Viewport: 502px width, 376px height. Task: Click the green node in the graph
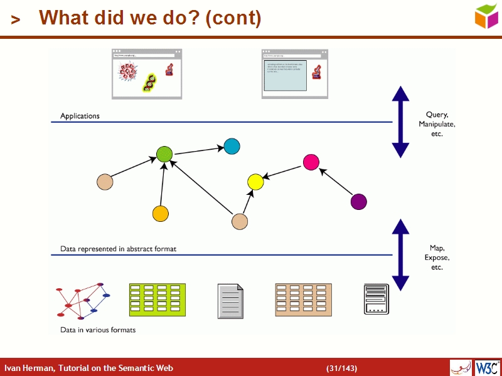tap(164, 154)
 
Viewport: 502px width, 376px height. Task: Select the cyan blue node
tap(232, 147)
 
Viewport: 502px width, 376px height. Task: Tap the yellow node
tap(255, 182)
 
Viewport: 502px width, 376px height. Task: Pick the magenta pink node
tap(311, 162)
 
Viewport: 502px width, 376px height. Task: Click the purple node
tap(358, 202)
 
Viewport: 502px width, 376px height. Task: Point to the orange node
tap(161, 214)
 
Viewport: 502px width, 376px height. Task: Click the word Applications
tap(80, 116)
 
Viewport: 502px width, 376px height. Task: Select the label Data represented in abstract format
tap(118, 249)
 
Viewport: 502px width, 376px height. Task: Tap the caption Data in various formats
tap(97, 330)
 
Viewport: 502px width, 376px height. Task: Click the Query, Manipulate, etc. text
tap(437, 124)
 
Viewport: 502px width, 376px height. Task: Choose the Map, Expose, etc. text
tap(437, 258)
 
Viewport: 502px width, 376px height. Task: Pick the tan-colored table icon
tap(303, 300)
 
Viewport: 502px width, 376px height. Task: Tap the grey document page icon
tap(230, 301)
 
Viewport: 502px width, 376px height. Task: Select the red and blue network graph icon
tap(83, 299)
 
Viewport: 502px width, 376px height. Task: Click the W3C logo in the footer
tap(488, 367)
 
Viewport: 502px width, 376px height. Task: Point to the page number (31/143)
tap(342, 368)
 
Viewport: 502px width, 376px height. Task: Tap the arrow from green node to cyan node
tap(198, 150)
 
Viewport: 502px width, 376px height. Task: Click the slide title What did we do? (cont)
tap(150, 18)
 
